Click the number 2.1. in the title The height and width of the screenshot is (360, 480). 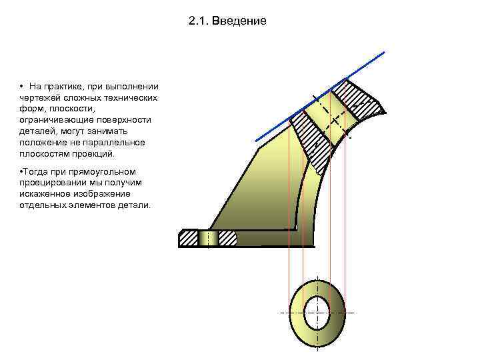199,21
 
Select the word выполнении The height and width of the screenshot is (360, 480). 135,87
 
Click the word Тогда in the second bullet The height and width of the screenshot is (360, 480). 37,171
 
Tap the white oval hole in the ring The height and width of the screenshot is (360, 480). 317,312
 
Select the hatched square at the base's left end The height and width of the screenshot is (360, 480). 189,237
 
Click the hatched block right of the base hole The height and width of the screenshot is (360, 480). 227,237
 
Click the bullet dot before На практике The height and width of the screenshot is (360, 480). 22,87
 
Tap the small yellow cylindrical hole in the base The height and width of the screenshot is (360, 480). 209,237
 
